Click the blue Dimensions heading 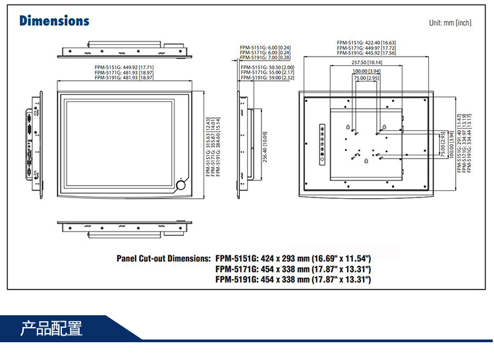pos(54,21)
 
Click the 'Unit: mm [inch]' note pos(450,23)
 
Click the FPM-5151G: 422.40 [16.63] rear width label pos(366,42)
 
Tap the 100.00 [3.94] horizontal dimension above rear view pos(366,71)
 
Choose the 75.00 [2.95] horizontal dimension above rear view pos(366,78)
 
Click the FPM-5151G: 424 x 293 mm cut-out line pos(293,259)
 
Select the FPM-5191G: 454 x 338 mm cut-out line pos(293,280)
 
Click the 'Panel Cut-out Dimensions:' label pos(163,259)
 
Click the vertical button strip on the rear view pos(321,142)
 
